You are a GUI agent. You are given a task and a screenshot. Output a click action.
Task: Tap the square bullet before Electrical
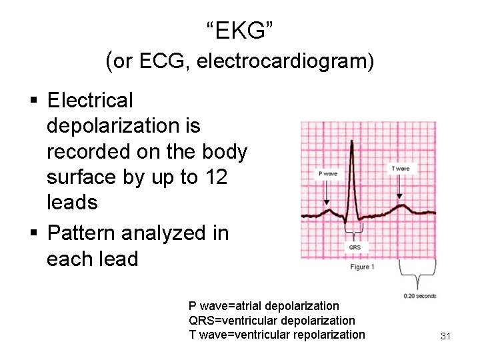pos(34,101)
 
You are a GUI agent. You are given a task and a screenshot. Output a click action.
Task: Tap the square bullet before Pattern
pos(34,233)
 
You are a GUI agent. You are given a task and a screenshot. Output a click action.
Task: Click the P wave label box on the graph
pos(327,174)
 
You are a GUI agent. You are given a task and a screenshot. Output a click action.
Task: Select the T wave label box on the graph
pos(401,169)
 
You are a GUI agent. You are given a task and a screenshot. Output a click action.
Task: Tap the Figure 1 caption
pos(363,267)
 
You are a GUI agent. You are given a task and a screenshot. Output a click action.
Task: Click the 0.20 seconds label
pos(420,295)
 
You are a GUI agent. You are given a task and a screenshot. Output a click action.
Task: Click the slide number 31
pos(446,336)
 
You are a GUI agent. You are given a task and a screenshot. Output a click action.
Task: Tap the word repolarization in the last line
pos(327,334)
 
